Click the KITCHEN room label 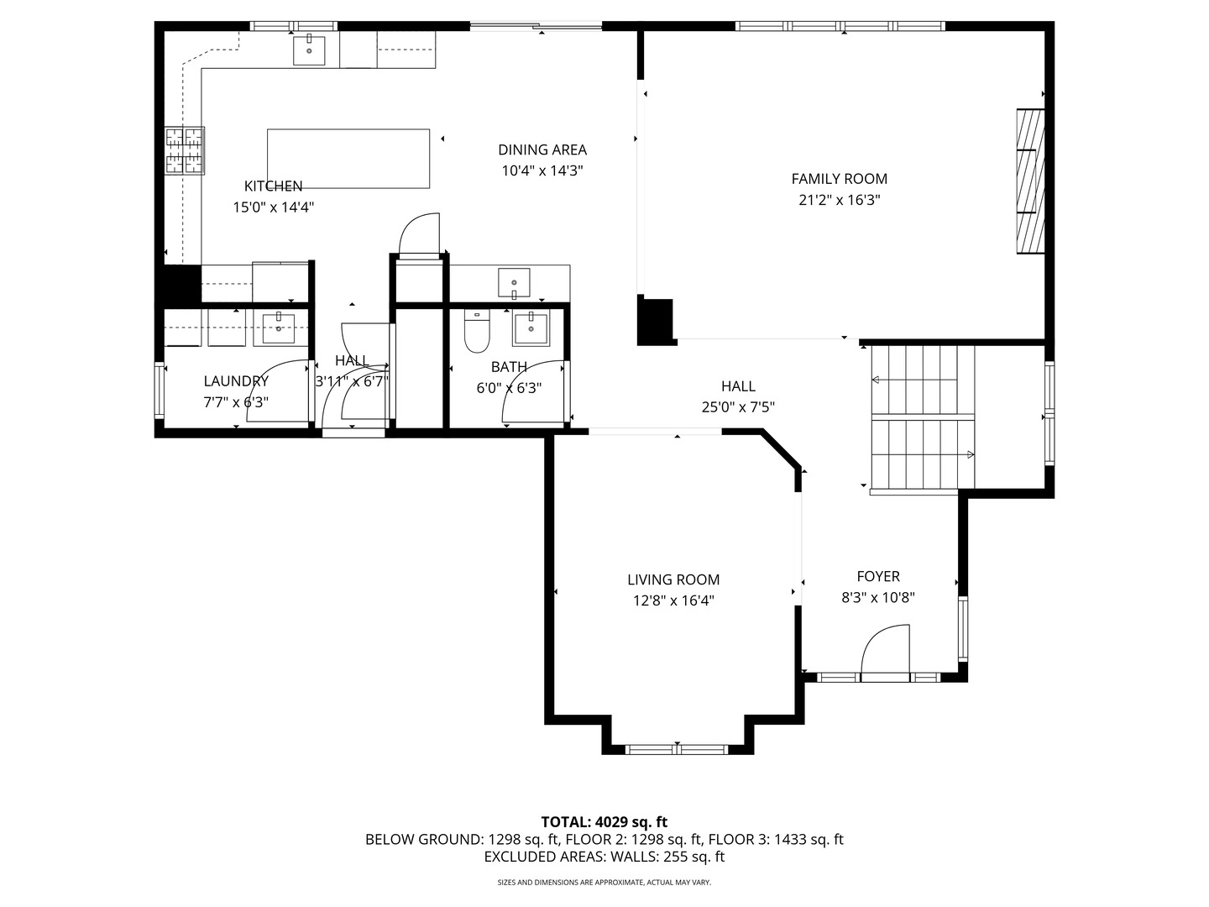click(x=273, y=186)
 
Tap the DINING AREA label click(x=542, y=149)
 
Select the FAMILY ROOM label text click(x=840, y=179)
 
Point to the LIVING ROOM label click(x=673, y=579)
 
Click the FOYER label click(x=878, y=576)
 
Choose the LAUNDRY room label click(x=236, y=381)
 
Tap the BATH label click(x=509, y=367)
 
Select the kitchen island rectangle click(x=348, y=159)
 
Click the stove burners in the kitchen click(x=185, y=150)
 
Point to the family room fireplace click(x=1030, y=181)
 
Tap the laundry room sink click(x=279, y=328)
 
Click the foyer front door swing click(x=885, y=653)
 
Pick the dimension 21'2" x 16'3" click(x=840, y=200)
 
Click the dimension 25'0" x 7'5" click(x=738, y=407)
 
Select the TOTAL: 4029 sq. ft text click(x=604, y=822)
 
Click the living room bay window click(x=678, y=749)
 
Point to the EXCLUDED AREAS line click(x=604, y=857)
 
